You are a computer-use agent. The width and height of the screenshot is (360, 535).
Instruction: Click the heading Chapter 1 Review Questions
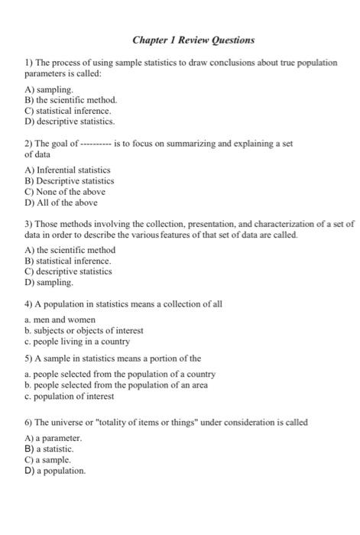[193, 39]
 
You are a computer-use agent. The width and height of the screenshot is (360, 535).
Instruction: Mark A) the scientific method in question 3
[70, 250]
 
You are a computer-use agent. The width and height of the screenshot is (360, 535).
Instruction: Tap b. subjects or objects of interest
[83, 330]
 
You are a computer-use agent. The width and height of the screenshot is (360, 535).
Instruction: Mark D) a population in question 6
[55, 471]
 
